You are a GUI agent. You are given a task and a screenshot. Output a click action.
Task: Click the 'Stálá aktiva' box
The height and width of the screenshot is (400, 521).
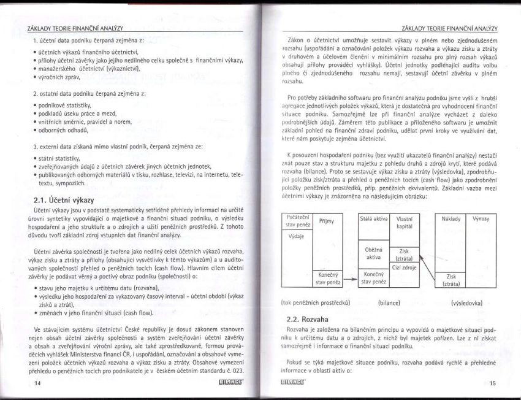click(373, 219)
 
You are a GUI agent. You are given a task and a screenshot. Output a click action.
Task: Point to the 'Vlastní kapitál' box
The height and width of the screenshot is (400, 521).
click(404, 223)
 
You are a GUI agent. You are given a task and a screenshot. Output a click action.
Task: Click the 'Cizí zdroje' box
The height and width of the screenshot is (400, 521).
click(404, 267)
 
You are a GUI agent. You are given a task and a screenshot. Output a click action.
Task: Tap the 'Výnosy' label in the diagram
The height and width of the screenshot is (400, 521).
click(482, 219)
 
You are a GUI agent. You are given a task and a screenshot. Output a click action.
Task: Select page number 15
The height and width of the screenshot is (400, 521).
click(493, 384)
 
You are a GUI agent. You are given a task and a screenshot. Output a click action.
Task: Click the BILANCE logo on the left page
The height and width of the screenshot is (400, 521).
click(230, 384)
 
